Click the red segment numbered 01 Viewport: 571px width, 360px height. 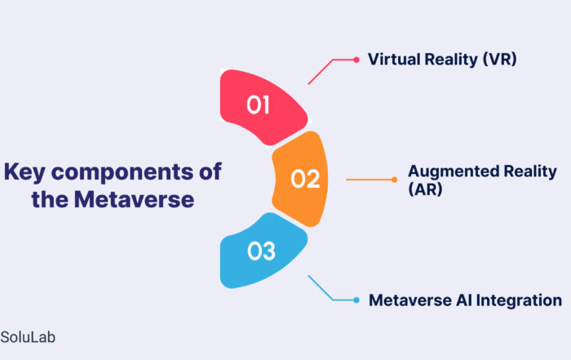point(260,105)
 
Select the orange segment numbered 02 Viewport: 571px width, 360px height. point(302,179)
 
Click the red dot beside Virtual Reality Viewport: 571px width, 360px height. point(356,60)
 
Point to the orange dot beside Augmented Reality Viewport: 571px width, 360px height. point(394,180)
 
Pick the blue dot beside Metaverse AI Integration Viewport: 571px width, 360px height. point(356,300)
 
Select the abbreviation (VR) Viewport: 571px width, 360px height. point(499,60)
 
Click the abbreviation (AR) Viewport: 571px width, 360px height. point(425,189)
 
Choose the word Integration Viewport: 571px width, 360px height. point(519,300)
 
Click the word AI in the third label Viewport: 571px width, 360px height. point(465,300)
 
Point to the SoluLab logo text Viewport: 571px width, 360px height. point(28,337)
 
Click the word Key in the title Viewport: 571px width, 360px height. point(24,172)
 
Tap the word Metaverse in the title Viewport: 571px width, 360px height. point(134,200)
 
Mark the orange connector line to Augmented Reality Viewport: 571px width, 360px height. point(370,180)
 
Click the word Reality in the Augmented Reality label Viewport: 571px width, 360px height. point(530,171)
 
